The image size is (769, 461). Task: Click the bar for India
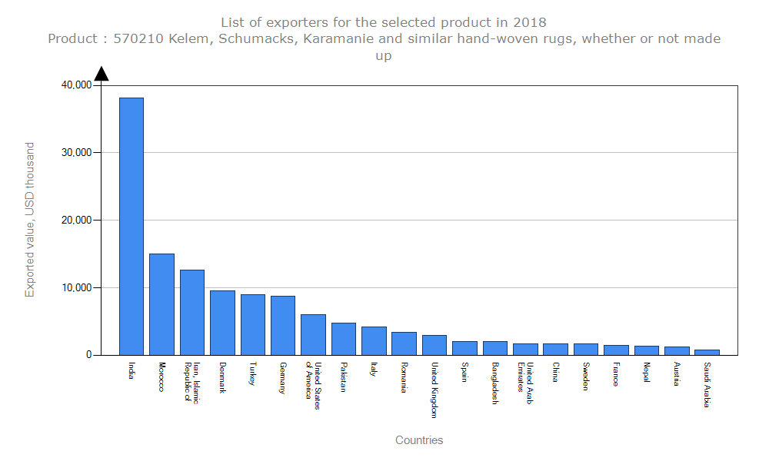[x=131, y=226]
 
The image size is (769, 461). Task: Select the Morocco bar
[x=161, y=304]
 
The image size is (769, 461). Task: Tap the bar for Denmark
[x=222, y=323]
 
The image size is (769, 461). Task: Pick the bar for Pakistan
[x=344, y=339]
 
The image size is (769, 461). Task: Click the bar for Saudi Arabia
[x=707, y=352]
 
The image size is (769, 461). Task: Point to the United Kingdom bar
[x=434, y=345]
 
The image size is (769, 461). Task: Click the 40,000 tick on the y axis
[x=76, y=85]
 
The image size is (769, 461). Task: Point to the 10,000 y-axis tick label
[x=76, y=288]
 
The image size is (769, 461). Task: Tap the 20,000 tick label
[x=76, y=221]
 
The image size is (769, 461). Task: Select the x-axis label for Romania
[x=404, y=376]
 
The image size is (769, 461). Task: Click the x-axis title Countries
[x=419, y=440]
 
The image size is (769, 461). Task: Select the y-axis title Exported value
[x=30, y=220]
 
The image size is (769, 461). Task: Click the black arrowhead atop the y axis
[x=102, y=73]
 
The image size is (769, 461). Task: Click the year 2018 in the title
[x=530, y=22]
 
